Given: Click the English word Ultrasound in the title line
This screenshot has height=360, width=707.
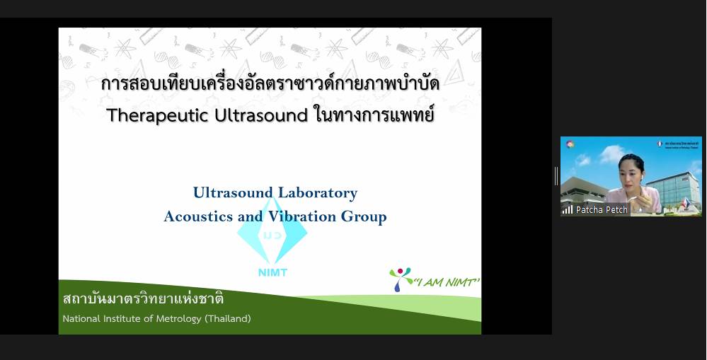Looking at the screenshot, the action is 261,115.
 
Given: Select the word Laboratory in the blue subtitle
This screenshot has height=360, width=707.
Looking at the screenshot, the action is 317,193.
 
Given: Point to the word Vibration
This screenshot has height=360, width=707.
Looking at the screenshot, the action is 302,216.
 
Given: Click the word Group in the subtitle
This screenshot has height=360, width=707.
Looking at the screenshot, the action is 364,216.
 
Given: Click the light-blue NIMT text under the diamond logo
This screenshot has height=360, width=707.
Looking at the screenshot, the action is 272,272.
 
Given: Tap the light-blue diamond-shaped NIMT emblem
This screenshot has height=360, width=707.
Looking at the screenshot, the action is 272,232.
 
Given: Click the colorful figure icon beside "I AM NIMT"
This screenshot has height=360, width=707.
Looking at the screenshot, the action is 400,279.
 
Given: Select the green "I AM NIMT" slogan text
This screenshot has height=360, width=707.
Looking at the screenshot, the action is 447,282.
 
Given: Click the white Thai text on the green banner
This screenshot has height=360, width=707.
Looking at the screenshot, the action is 144,298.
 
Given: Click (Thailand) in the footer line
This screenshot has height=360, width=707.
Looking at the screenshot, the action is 228,318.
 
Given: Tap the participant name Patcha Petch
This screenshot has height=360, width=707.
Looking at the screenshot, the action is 602,209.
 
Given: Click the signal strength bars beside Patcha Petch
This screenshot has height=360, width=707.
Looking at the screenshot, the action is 567,209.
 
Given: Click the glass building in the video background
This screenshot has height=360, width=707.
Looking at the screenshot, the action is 672,190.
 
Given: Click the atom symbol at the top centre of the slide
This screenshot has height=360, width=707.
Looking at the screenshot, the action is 231,49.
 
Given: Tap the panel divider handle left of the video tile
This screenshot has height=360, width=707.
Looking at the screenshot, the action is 556,175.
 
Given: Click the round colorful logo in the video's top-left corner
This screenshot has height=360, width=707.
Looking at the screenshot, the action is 570,144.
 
